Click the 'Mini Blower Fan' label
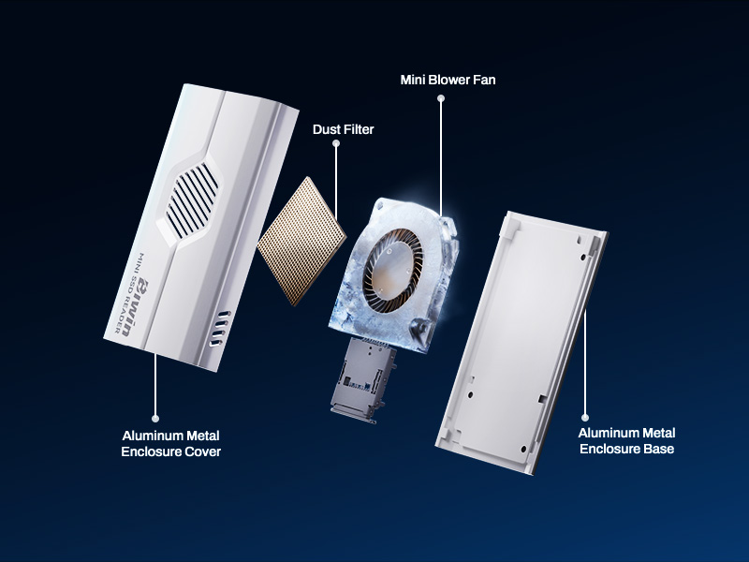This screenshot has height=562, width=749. click(448, 80)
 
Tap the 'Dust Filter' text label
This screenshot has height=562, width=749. click(343, 129)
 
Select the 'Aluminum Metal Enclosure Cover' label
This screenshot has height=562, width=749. click(171, 443)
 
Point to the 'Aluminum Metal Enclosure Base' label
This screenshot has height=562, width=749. click(626, 440)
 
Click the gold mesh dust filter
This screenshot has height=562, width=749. click(301, 241)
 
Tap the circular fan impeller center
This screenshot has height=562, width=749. click(393, 271)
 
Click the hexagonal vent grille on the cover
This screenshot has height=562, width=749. click(193, 200)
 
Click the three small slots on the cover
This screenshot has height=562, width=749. click(219, 329)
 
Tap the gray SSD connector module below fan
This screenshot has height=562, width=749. click(363, 381)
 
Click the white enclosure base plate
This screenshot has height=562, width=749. click(521, 343)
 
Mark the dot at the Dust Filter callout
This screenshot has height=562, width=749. click(336, 143)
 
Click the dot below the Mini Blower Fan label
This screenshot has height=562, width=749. click(441, 98)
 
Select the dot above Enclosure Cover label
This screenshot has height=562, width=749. click(155, 418)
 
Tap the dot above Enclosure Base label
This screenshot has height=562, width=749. click(585, 417)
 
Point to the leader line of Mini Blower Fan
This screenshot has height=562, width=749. click(441, 157)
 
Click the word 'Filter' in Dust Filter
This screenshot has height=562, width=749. click(359, 129)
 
